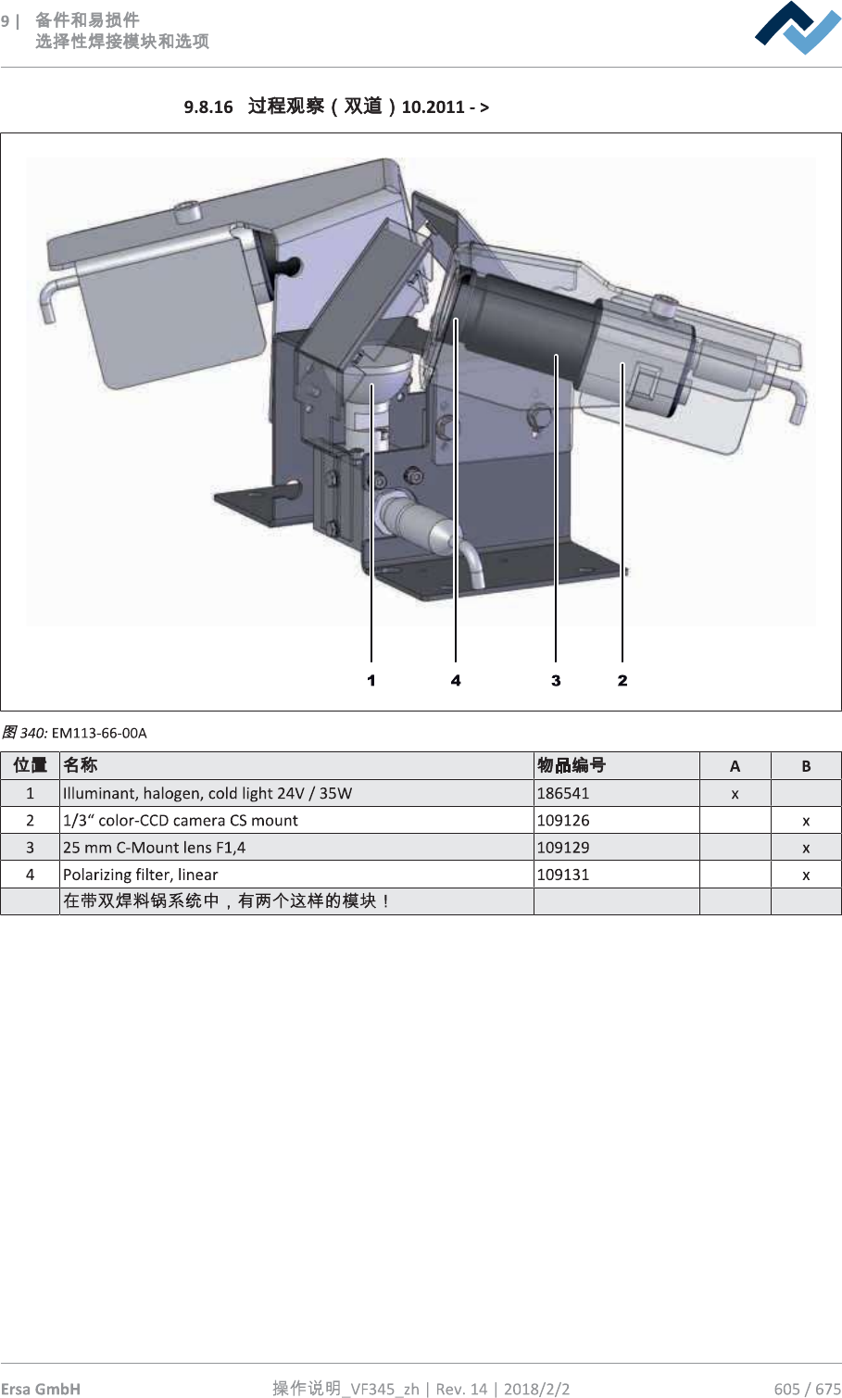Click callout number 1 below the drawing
click(371, 680)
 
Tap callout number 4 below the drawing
click(456, 680)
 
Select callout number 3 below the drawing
click(556, 680)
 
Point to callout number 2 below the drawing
click(622, 680)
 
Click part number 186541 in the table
click(563, 793)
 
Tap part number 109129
click(563, 848)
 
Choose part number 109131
click(563, 875)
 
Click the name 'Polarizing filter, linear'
click(141, 875)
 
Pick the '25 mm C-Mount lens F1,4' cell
click(154, 848)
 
